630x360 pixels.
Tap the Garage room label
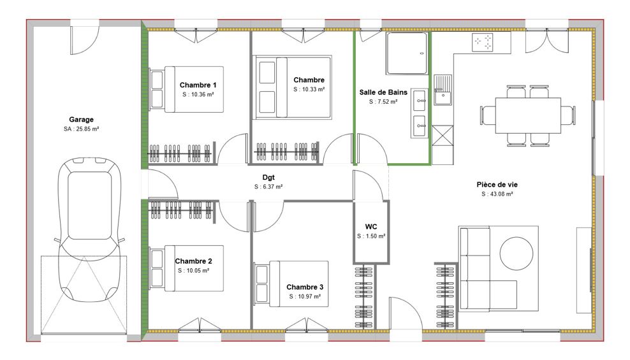pyautogui.click(x=81, y=119)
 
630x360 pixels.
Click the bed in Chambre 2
pyautogui.click(x=186, y=268)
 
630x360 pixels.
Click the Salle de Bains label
pyautogui.click(x=383, y=92)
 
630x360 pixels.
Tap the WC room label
pyautogui.click(x=371, y=227)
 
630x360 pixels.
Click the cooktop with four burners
pyautogui.click(x=483, y=43)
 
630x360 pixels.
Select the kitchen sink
pyautogui.click(x=442, y=89)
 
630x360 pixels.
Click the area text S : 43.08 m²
pyautogui.click(x=497, y=194)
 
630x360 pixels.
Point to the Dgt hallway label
pyautogui.click(x=268, y=178)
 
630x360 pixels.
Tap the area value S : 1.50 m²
pyautogui.click(x=371, y=236)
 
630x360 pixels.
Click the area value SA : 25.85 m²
pyautogui.click(x=81, y=129)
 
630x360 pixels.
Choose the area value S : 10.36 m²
pyautogui.click(x=198, y=94)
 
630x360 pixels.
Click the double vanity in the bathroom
pyautogui.click(x=419, y=113)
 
